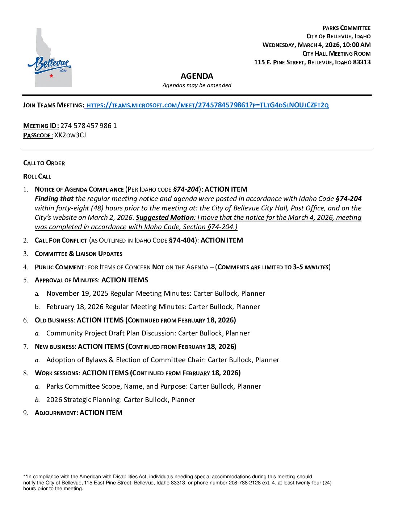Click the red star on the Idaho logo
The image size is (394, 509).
pos(51,76)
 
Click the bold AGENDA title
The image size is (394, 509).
pos(197,76)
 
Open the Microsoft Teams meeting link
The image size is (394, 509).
pos(208,105)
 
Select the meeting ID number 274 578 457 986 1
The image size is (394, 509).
pos(88,126)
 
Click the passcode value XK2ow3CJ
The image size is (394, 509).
pos(70,135)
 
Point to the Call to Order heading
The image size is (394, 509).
pos(44,163)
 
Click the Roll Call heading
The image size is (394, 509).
pos(37,176)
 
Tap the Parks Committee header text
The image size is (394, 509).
pos(346,28)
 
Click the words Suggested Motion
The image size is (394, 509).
pos(165,218)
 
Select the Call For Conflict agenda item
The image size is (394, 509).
pos(61,240)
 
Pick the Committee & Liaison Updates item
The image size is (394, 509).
pos(79,254)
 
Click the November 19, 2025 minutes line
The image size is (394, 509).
pos(156,294)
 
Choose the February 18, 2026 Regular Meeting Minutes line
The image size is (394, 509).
pos(153,307)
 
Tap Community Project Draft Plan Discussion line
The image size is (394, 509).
pos(148,333)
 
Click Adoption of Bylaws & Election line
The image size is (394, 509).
pos(163,360)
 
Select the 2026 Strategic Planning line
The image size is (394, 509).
pos(121,400)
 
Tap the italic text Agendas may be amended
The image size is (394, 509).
pos(197,85)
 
